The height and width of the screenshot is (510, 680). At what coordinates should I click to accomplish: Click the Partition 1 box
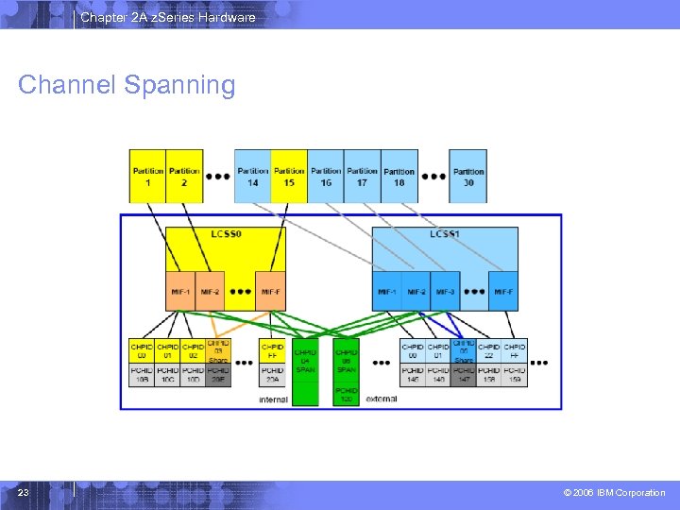tap(148, 176)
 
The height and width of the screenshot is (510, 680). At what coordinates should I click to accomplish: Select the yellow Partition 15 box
tap(289, 176)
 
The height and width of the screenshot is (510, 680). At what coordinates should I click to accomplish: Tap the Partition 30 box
tap(468, 176)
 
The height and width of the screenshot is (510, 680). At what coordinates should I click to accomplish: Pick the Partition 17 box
tap(362, 176)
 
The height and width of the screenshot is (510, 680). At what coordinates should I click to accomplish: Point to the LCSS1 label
tap(445, 233)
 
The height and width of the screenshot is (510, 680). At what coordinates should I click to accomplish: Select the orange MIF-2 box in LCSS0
tap(210, 292)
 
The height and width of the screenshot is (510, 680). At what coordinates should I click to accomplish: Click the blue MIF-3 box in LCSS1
tap(446, 292)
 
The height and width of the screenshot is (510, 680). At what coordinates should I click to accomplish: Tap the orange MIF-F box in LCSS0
tap(271, 292)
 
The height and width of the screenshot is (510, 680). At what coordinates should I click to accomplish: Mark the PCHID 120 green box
tap(347, 395)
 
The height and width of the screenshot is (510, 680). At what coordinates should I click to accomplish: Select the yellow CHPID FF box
tap(272, 351)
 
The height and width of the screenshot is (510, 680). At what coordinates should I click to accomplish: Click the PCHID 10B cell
tap(141, 375)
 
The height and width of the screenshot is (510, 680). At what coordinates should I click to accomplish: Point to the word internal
tap(273, 399)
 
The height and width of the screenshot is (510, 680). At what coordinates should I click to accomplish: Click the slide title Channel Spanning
tap(127, 85)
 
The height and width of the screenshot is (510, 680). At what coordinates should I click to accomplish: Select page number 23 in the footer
tap(24, 493)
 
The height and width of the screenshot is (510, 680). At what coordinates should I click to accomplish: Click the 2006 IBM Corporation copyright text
tap(614, 493)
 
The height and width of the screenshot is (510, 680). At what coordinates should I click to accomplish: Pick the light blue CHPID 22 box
tap(489, 351)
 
